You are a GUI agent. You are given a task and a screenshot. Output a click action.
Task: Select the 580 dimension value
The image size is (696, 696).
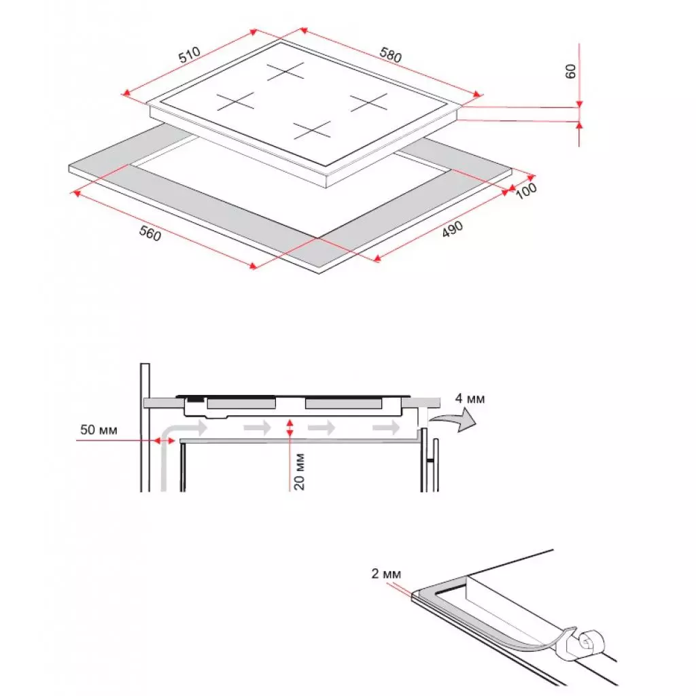391,55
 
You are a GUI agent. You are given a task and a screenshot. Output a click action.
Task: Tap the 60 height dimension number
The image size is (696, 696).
571,71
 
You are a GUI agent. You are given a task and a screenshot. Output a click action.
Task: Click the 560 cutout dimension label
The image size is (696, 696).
150,233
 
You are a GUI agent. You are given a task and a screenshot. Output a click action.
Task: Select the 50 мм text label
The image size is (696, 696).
99,430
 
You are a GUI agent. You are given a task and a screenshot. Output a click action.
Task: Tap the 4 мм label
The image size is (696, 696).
470,398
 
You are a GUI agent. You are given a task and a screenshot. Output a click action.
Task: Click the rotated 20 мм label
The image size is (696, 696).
300,472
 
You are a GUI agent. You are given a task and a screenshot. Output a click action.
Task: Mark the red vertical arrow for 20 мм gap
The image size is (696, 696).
290,428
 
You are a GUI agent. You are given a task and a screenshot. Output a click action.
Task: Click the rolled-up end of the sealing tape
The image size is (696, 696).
585,640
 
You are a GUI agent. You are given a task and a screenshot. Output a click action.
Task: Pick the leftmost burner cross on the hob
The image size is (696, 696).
235,102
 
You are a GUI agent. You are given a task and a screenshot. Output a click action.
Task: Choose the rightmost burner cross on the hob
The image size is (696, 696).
368,103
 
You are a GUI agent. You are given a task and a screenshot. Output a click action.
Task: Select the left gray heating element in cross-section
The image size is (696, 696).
241,404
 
